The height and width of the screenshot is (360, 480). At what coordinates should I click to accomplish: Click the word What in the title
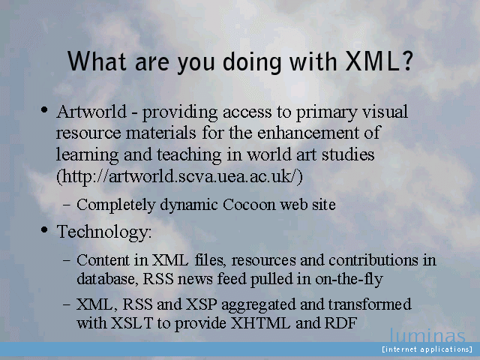[97, 61]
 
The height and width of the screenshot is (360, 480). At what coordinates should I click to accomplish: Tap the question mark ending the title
[406, 61]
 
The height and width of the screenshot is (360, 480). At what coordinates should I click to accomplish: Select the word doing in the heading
[252, 62]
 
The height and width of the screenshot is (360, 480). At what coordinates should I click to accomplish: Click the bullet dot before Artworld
[44, 109]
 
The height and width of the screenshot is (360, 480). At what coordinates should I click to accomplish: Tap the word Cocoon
[249, 205]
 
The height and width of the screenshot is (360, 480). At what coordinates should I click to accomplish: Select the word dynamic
[188, 205]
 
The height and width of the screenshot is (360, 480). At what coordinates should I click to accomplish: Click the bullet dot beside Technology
[44, 229]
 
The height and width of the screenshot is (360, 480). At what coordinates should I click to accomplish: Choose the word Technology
[104, 232]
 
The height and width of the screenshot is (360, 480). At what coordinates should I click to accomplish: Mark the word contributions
[373, 260]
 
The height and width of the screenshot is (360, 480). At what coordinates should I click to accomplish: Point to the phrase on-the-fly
[349, 280]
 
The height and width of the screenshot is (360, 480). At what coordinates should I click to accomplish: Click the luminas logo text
[427, 335]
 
